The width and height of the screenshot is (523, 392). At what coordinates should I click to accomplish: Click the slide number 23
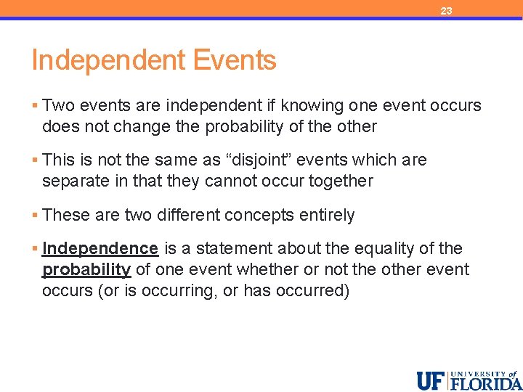point(446,11)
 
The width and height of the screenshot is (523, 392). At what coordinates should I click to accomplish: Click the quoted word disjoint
point(255,160)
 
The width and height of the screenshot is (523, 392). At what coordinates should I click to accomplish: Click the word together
point(338,181)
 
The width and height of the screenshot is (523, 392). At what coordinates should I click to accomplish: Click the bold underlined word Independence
point(100,249)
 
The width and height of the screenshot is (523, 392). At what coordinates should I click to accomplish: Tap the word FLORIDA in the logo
point(485,383)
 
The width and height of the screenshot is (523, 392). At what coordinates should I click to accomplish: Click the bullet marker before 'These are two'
point(35,216)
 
